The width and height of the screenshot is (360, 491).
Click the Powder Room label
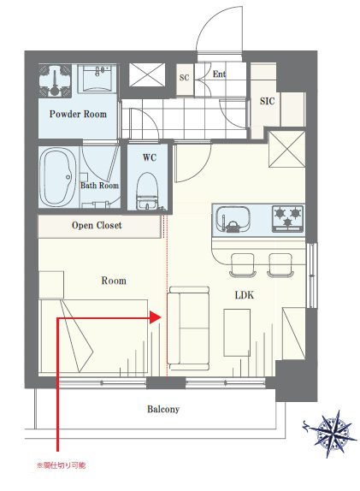tap(78, 114)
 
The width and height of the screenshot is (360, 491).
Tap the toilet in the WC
tap(147, 192)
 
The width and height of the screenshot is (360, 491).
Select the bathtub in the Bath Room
tap(58, 177)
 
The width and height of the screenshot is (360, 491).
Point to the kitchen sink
tap(233, 219)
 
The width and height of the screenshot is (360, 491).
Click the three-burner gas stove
tap(287, 219)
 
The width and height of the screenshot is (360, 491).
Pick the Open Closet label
tap(97, 226)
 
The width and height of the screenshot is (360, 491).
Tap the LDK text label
tap(245, 295)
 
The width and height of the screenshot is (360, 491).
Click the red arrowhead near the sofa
tap(156, 317)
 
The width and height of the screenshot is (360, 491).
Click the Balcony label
tap(163, 409)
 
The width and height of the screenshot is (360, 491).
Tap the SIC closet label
tap(268, 101)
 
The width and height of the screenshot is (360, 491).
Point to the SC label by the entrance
tap(185, 77)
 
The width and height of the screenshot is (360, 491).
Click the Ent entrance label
tap(219, 74)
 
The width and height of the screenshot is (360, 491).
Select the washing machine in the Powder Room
tap(55, 80)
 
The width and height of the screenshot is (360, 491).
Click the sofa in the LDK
tap(188, 328)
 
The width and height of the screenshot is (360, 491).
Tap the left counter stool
tap(243, 265)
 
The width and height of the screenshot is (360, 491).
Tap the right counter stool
tap(280, 265)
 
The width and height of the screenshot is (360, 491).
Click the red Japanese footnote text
tap(62, 465)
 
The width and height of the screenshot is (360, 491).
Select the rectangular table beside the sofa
tap(237, 333)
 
